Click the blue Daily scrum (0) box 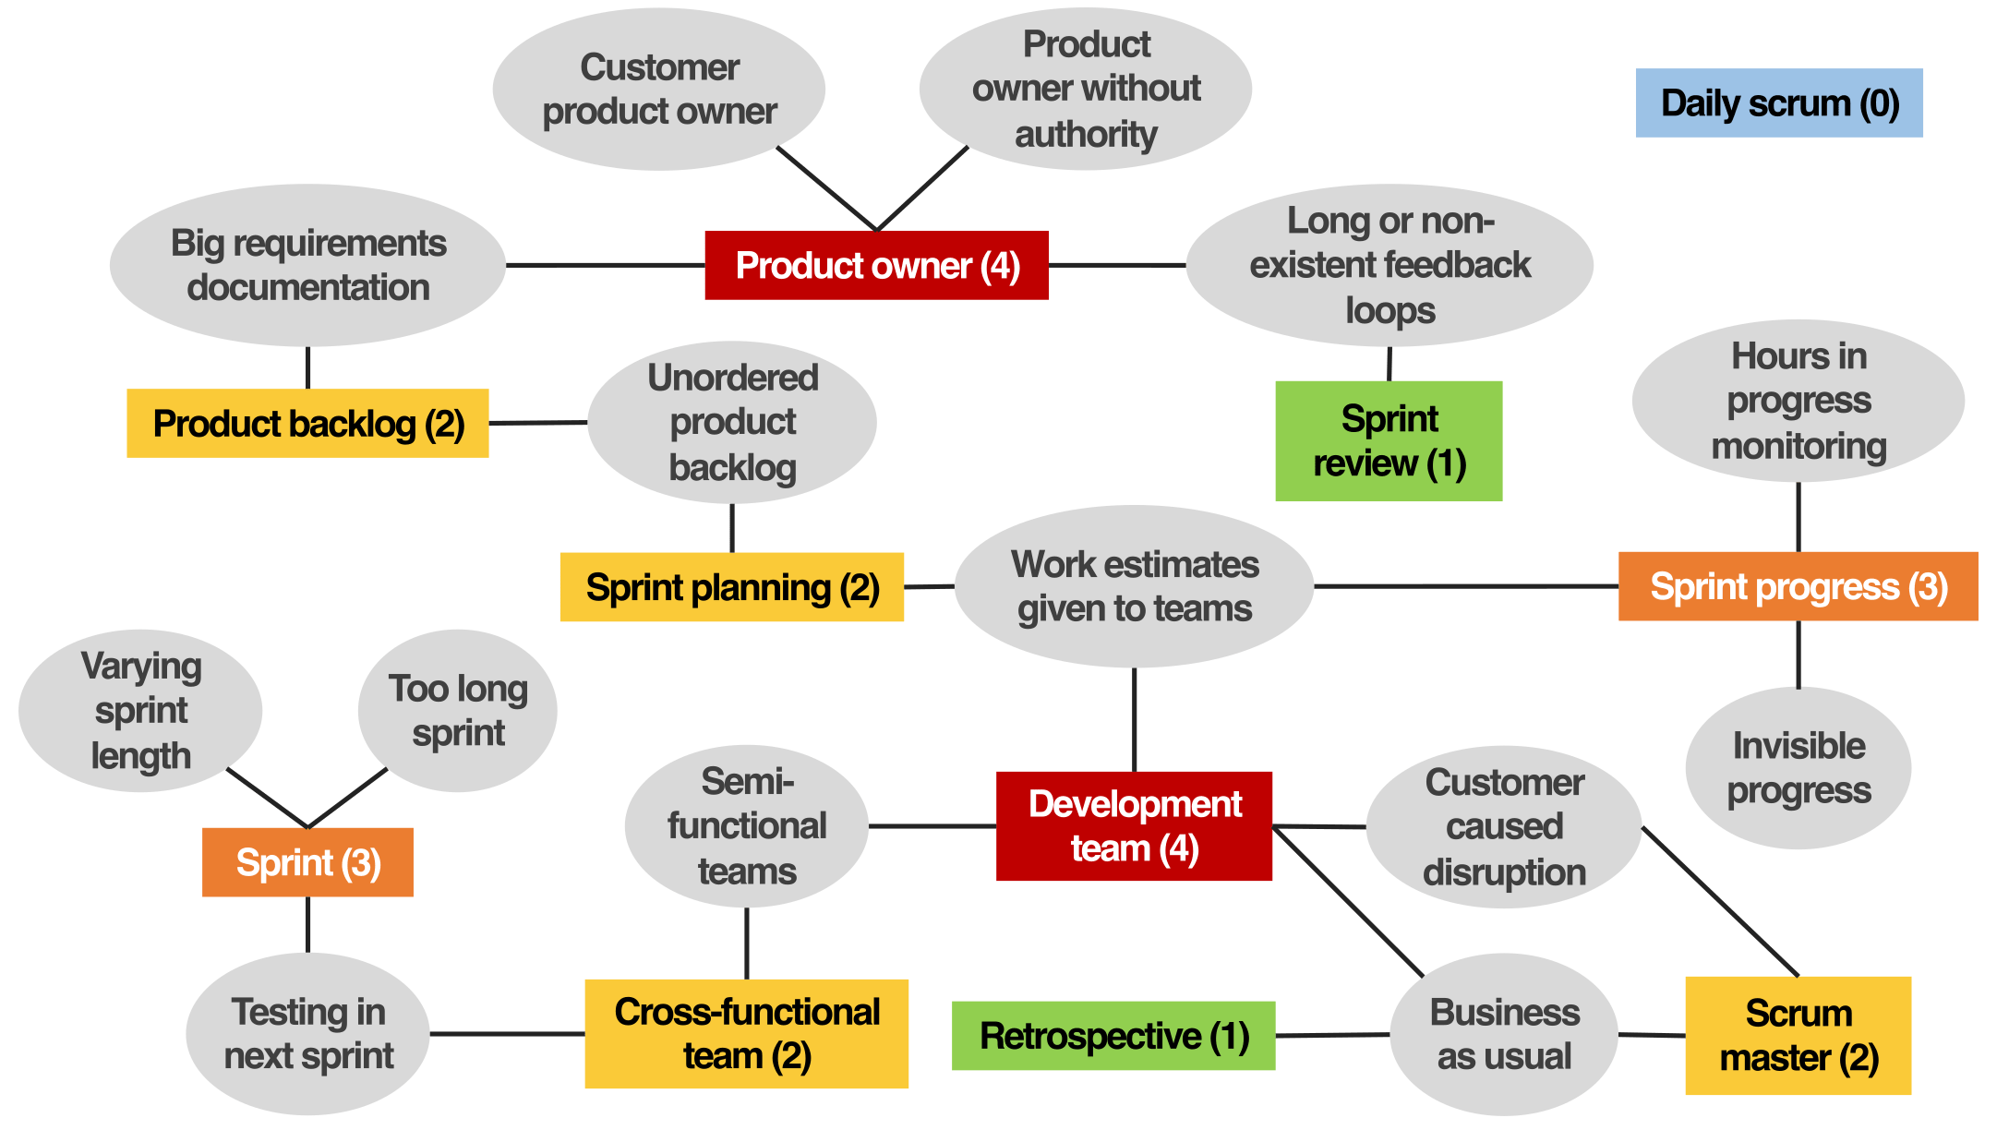(x=1778, y=102)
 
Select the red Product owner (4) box (x=876, y=265)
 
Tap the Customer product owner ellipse (x=659, y=90)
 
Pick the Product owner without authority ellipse (x=1086, y=89)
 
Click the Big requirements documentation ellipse (x=307, y=265)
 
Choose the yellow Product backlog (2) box (x=307, y=424)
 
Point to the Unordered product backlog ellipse (x=732, y=423)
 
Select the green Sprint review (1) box (x=1389, y=440)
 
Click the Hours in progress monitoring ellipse (x=1798, y=401)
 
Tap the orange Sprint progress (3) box (x=1798, y=586)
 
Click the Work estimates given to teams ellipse (x=1134, y=586)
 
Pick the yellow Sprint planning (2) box (x=731, y=587)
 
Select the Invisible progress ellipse (x=1798, y=768)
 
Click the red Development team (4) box (x=1134, y=826)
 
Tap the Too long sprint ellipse (x=458, y=711)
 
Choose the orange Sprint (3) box (x=307, y=862)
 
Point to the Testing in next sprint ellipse (x=307, y=1034)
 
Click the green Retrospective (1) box (x=1113, y=1036)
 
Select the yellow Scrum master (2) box (x=1798, y=1036)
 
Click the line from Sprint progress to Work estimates (x=1466, y=586)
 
